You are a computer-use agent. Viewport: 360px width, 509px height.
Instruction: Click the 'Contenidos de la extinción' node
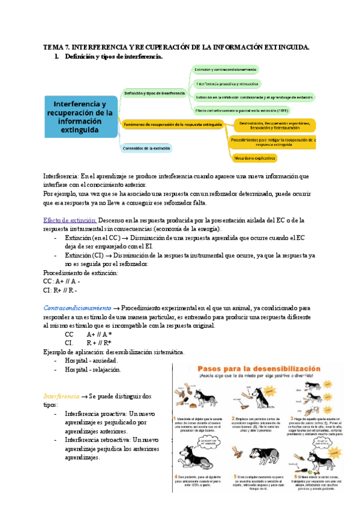[x=146, y=148]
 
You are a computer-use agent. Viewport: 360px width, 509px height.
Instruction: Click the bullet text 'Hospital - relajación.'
[x=93, y=370]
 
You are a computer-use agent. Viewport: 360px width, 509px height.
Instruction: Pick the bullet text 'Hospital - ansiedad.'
[x=91, y=361]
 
